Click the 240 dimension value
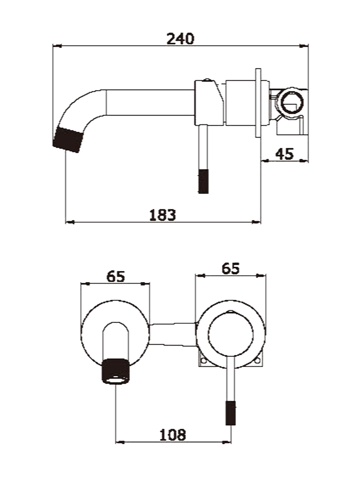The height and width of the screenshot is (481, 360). tap(180, 39)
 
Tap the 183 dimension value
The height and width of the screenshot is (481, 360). tap(162, 215)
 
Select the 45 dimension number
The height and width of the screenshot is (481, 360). tap(284, 154)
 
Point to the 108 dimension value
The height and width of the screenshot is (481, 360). tap(172, 435)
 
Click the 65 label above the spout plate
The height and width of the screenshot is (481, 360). tap(116, 277)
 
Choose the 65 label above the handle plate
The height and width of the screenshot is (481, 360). tap(230, 269)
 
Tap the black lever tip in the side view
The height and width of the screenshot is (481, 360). tap(203, 181)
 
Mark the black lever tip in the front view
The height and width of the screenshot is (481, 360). tap(231, 413)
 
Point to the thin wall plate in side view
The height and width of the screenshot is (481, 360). tap(258, 103)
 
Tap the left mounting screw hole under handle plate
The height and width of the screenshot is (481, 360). tap(203, 360)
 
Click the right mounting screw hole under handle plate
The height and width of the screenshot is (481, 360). tap(257, 360)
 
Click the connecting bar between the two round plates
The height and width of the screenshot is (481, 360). tap(173, 335)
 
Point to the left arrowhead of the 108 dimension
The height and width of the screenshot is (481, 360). tap(120, 442)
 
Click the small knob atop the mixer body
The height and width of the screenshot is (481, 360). tap(207, 80)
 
